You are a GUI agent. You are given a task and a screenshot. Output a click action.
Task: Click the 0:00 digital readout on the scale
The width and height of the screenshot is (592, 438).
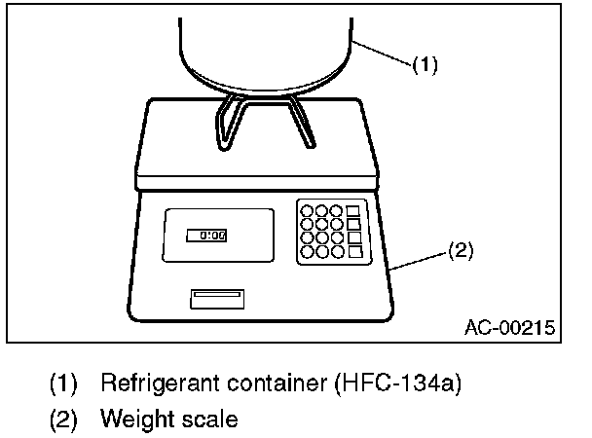(x=206, y=235)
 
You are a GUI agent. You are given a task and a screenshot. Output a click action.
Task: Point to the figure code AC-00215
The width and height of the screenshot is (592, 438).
(x=507, y=328)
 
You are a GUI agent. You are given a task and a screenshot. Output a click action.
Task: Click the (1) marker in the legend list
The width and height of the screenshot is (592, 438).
(x=64, y=383)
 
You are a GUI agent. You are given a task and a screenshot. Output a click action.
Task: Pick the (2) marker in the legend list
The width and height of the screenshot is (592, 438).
(x=64, y=420)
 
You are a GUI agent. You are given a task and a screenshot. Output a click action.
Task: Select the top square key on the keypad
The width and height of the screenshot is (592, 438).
(x=353, y=210)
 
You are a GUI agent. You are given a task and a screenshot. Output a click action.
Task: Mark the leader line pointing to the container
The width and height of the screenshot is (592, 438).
(x=386, y=51)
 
